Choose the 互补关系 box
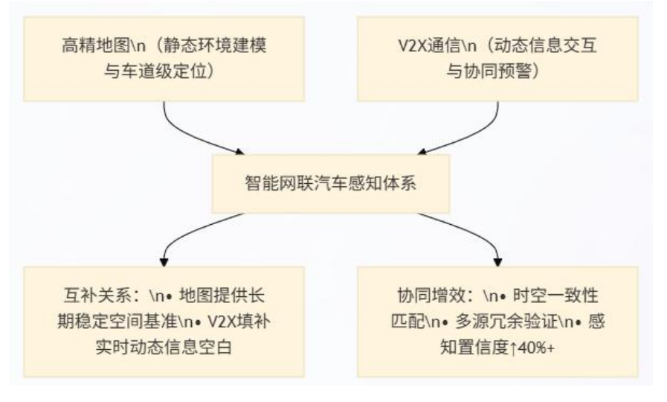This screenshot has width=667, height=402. tap(163, 319)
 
